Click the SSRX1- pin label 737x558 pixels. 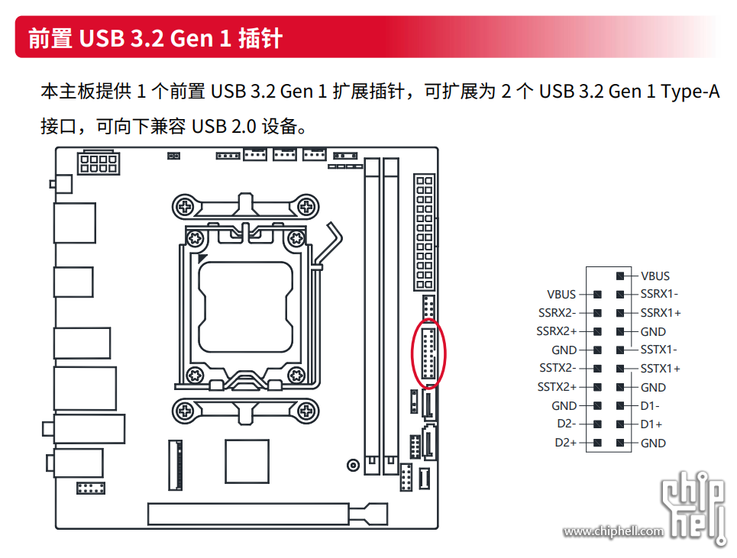tap(659, 294)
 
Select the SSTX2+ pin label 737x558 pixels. tap(557, 387)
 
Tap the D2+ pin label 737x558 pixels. tap(565, 443)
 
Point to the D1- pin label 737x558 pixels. tap(650, 406)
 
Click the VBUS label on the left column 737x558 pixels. tap(561, 295)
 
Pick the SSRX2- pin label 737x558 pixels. tap(557, 313)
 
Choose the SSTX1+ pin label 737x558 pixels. tap(660, 369)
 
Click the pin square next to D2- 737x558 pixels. tap(597, 424)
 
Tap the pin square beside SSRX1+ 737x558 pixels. tap(620, 313)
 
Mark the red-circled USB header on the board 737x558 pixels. tap(428, 353)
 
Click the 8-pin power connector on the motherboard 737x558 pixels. tap(99, 163)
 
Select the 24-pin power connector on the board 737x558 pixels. tap(425, 232)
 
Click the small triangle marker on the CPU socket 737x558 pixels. tap(202, 258)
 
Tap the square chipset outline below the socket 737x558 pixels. tap(247, 461)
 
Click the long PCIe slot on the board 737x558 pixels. tap(248, 514)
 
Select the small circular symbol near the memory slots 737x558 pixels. tap(353, 466)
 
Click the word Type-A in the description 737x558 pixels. tap(690, 92)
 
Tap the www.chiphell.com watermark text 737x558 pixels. tap(613, 531)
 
